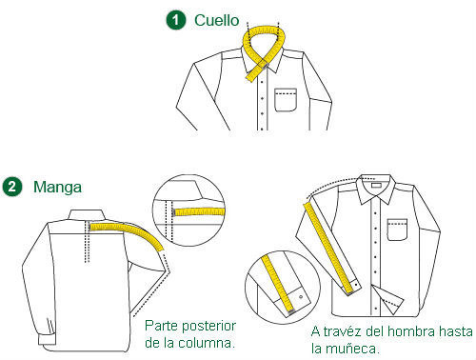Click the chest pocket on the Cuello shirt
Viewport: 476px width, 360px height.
click(287, 99)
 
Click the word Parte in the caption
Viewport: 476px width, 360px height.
click(163, 325)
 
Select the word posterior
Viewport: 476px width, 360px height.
click(211, 325)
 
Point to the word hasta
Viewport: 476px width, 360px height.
click(457, 332)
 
